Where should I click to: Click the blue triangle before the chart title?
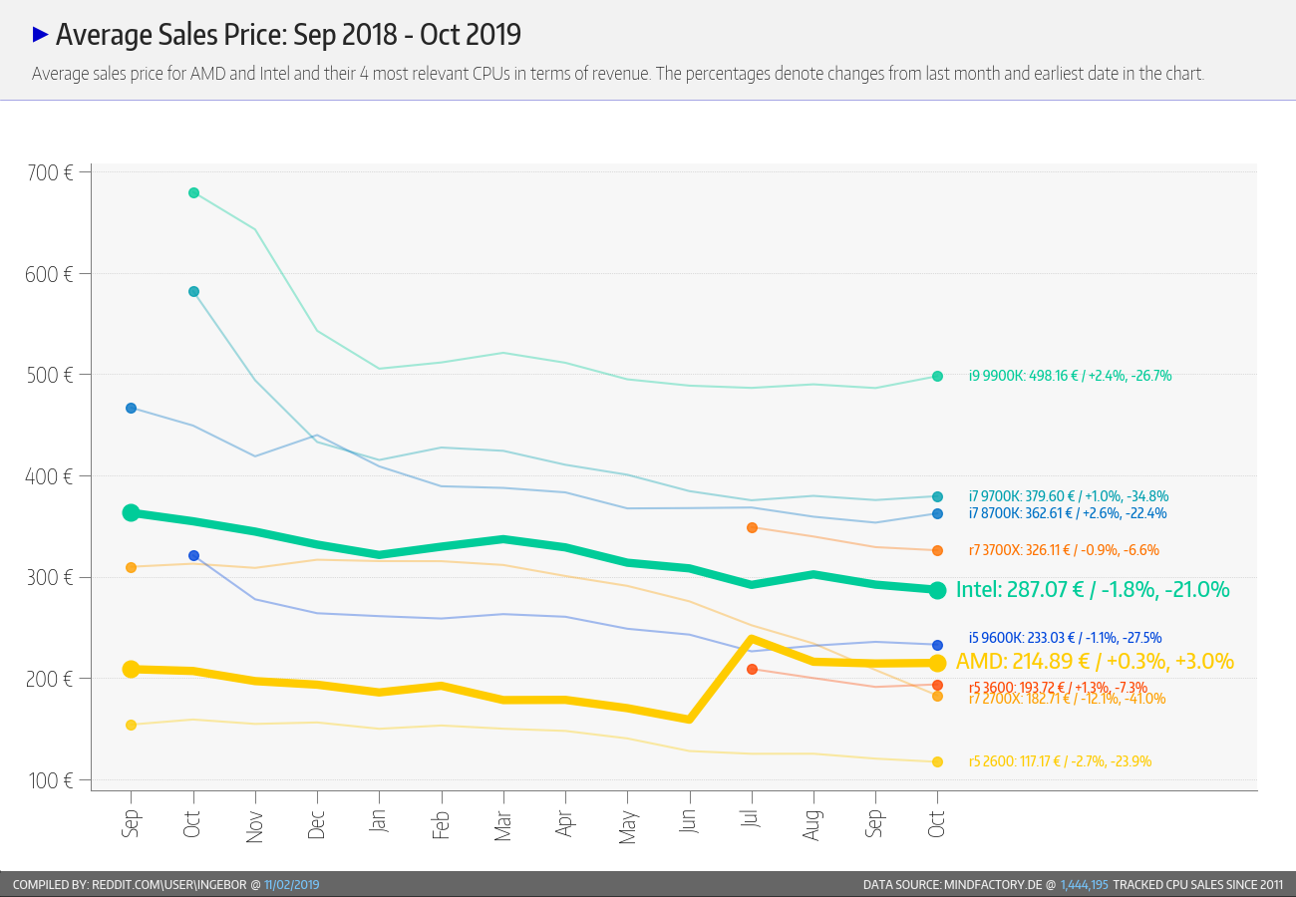pos(41,35)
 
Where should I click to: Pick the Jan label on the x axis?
pos(379,824)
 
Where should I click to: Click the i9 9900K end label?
pos(1070,377)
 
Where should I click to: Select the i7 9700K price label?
pos(1068,496)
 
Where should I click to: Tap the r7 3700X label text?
pos(1064,550)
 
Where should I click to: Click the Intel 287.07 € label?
pos(1092,590)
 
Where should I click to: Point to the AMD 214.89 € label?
pos(1095,662)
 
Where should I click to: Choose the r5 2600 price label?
pos(1060,761)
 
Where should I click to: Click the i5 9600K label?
pos(1065,638)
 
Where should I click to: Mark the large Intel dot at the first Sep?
pos(131,512)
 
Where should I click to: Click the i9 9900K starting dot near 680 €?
pos(193,192)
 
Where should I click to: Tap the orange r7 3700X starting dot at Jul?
pos(753,527)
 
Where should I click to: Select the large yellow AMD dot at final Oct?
pos(937,663)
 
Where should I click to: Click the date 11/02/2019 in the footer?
pos(291,885)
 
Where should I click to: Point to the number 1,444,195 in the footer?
pos(1084,885)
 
